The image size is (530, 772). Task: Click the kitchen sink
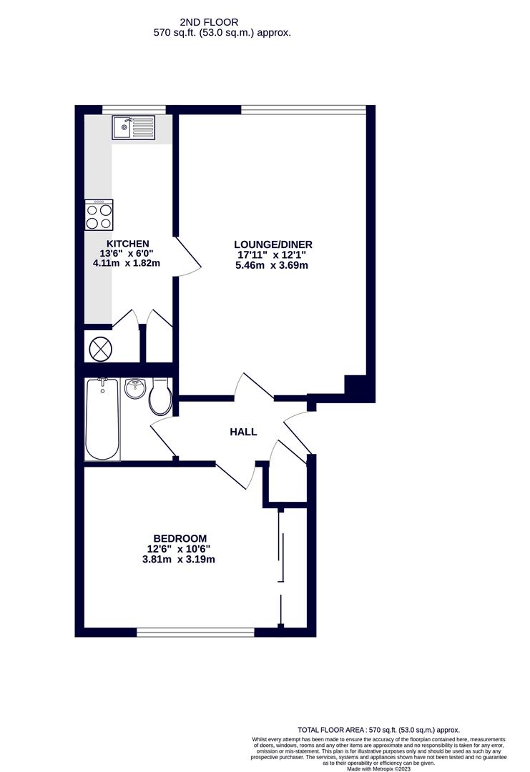tap(133, 128)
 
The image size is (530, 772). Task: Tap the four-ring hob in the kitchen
tap(99, 214)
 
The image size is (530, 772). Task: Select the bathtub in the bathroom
tap(102, 420)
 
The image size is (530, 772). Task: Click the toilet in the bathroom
tap(161, 396)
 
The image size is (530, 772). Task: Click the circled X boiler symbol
tap(100, 349)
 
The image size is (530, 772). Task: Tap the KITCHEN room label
tap(128, 244)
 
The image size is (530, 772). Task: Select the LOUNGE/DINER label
tap(273, 244)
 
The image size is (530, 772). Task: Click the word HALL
tap(243, 432)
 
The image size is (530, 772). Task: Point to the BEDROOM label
tap(180, 539)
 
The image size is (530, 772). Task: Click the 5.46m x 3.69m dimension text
tap(272, 265)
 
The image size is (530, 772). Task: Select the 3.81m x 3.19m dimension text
tap(178, 559)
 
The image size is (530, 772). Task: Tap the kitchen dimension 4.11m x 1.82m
tap(127, 263)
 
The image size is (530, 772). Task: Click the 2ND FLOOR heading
tap(209, 22)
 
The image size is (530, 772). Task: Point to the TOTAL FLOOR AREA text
tap(378, 730)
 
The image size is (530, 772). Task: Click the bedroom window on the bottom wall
tap(195, 632)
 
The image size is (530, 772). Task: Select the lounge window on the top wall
tap(303, 110)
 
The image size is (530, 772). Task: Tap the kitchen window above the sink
tap(134, 110)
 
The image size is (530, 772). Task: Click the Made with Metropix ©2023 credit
tap(379, 768)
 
